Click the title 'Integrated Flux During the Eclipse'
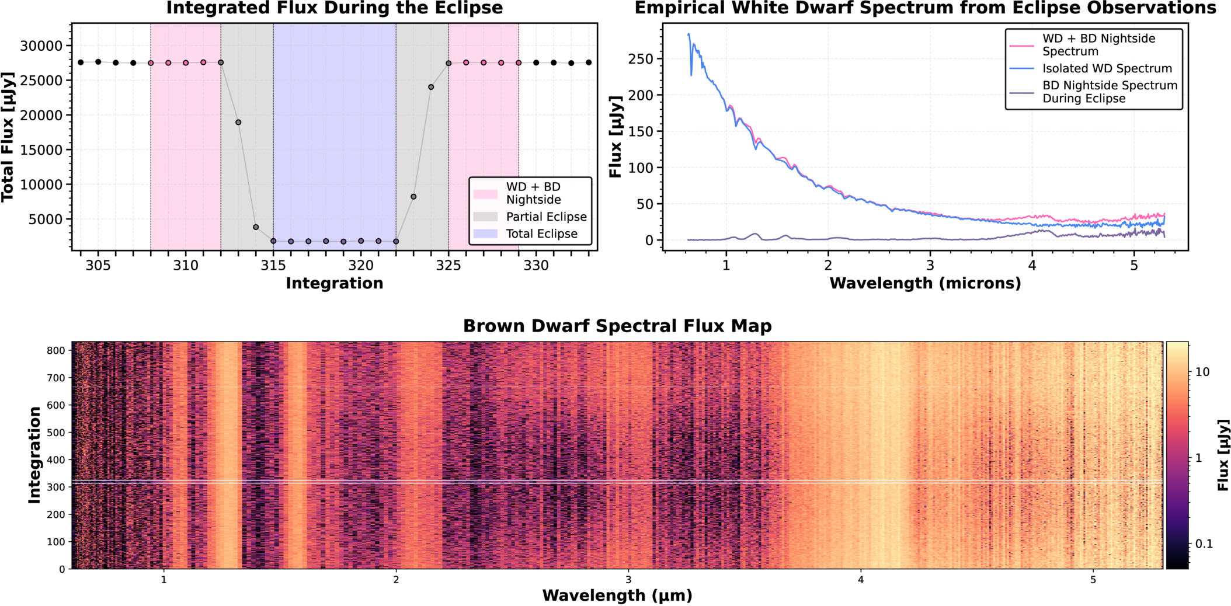[x=335, y=8]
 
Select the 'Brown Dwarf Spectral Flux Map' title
[x=617, y=326]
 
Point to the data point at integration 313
[x=238, y=122]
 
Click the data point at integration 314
[x=256, y=227]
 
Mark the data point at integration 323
[x=413, y=197]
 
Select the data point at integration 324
[x=431, y=87]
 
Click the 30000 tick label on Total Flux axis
[x=41, y=46]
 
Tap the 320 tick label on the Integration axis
[x=361, y=266]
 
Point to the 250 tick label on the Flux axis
[x=641, y=59]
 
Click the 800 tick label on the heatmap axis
[x=56, y=350]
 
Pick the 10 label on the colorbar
[x=1203, y=372]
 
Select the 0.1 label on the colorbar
[x=1204, y=544]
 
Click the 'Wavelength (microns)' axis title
[x=925, y=283]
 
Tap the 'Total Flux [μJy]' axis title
[x=8, y=137]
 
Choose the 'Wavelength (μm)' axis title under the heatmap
[x=617, y=595]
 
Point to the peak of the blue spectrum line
[x=688, y=34]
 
